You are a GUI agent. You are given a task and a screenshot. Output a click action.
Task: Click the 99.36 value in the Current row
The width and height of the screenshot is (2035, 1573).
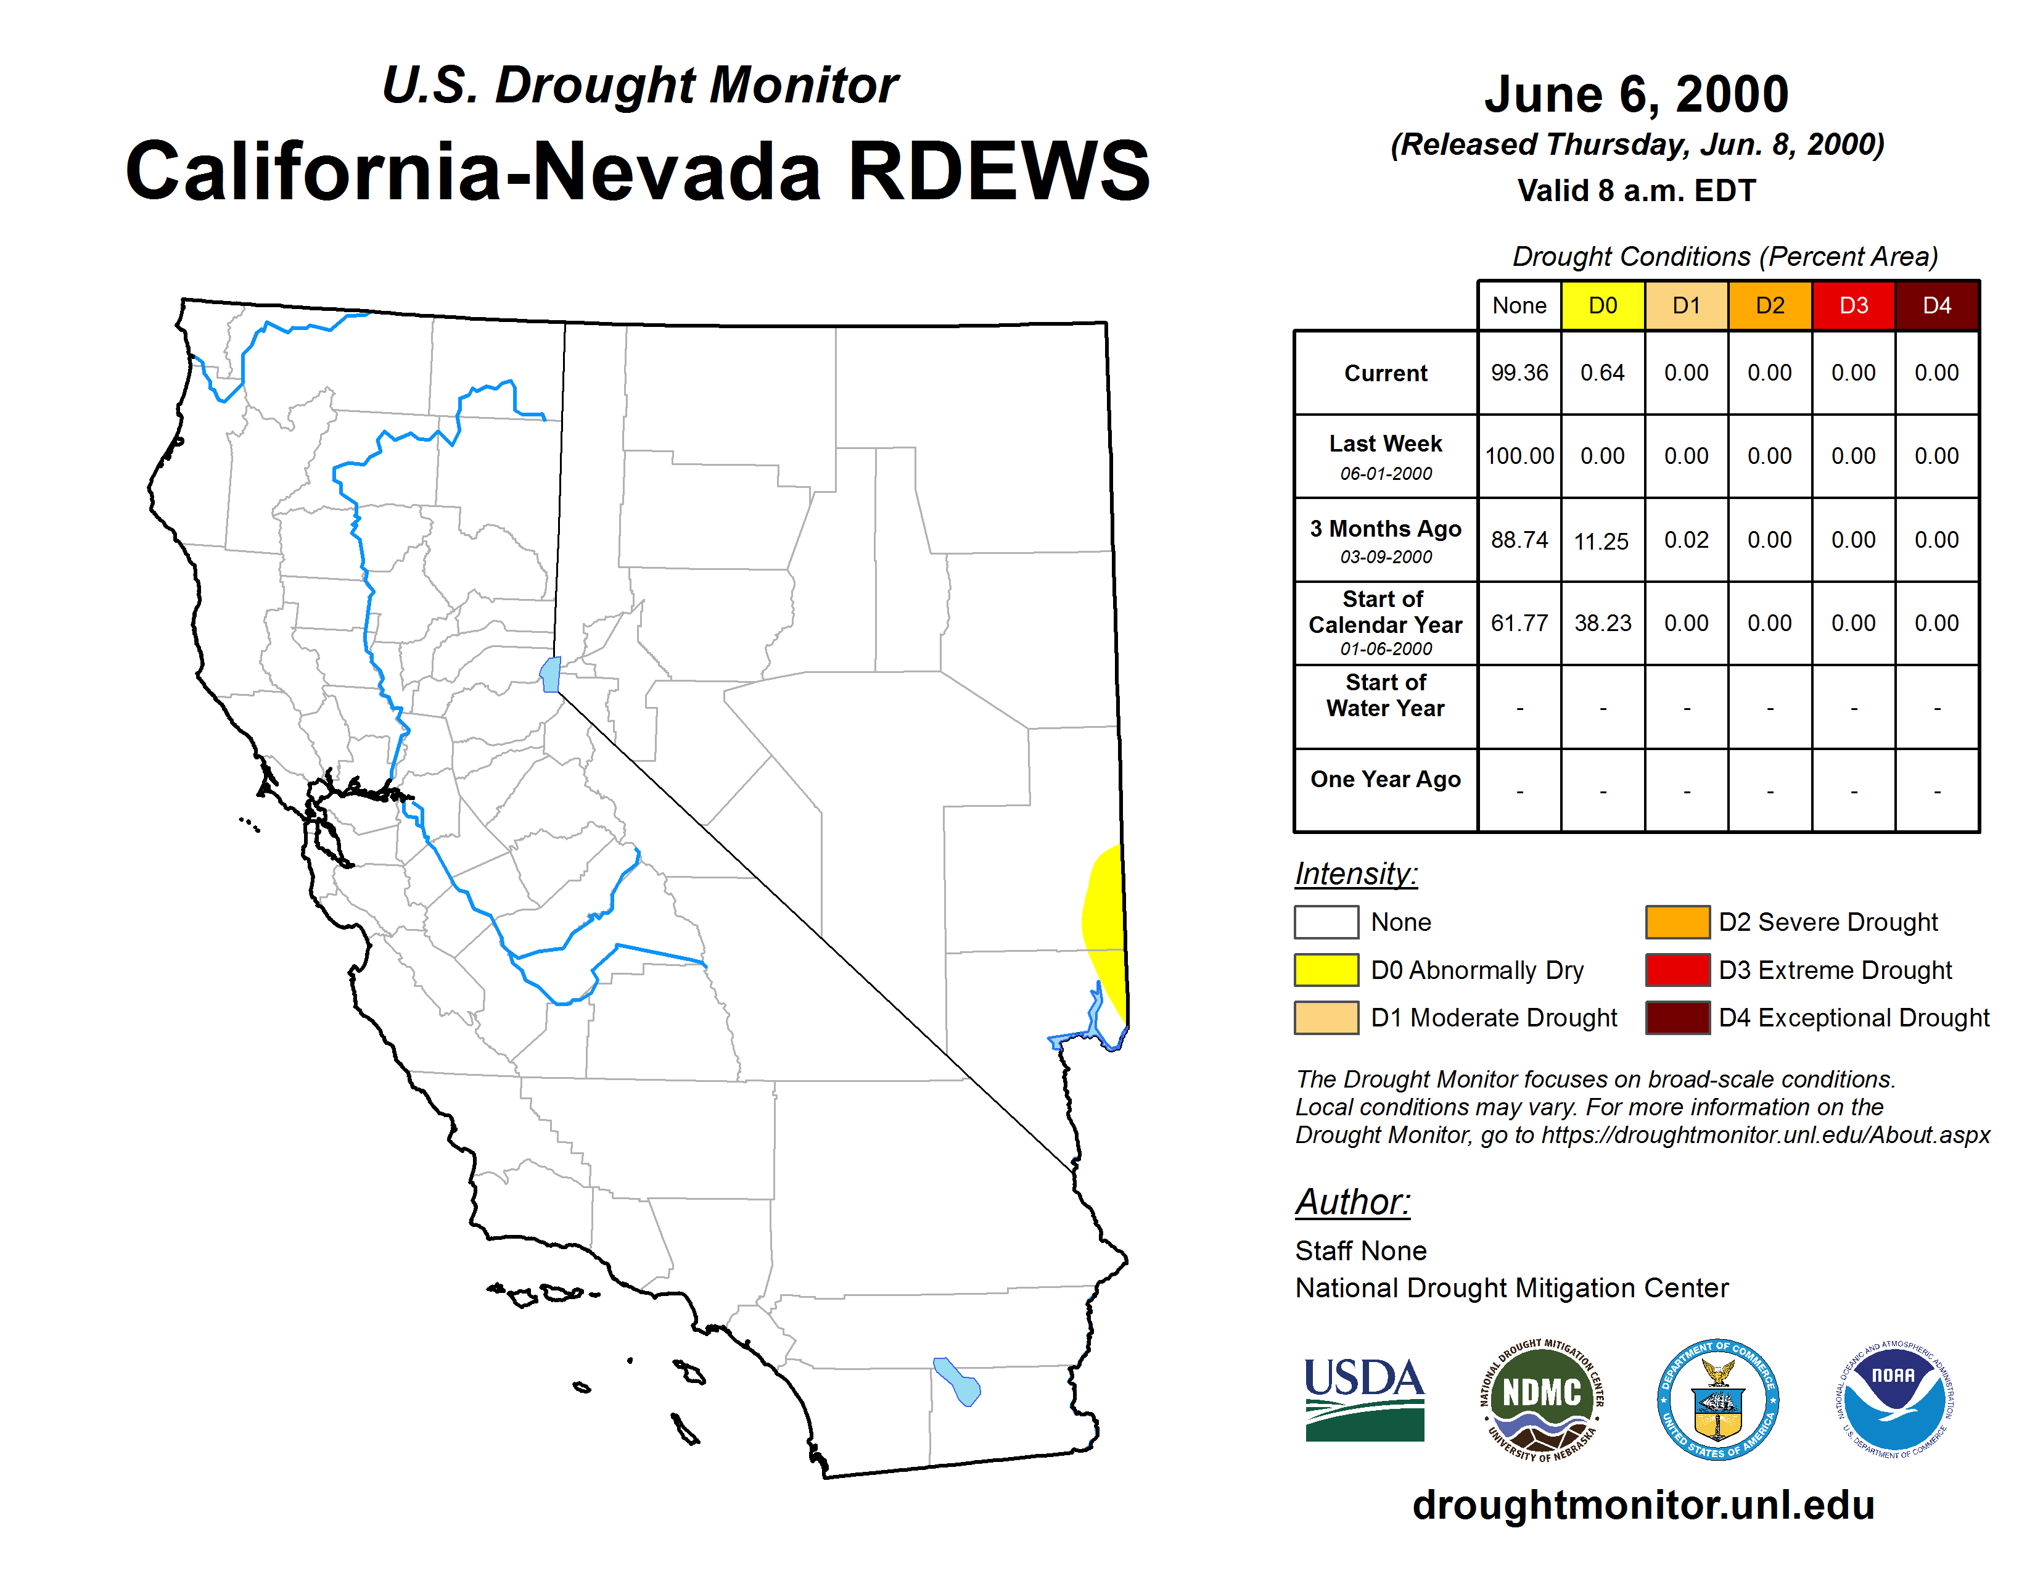[1519, 373]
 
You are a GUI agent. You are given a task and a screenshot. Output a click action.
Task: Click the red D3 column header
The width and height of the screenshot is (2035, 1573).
[1853, 305]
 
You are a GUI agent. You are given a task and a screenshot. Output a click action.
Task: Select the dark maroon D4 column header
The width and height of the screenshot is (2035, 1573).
[1937, 305]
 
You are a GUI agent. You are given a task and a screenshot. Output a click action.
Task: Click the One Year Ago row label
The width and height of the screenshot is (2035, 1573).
[1386, 779]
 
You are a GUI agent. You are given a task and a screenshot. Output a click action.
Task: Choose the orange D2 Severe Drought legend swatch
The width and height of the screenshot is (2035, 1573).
[1677, 922]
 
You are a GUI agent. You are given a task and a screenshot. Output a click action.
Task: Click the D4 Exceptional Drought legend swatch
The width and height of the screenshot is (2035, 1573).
[1677, 1018]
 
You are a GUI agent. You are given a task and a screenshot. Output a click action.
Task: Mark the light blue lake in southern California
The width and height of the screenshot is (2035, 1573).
[958, 1382]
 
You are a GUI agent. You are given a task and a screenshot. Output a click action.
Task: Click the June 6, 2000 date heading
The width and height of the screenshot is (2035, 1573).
[1636, 94]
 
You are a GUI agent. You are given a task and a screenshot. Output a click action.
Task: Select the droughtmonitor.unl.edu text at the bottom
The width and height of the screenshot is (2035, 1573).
[1643, 1505]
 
